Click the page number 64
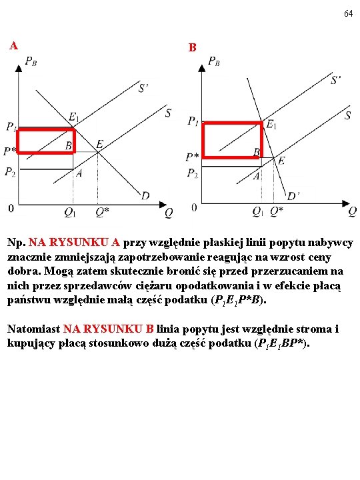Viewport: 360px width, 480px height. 349,13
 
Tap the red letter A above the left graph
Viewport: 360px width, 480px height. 13,45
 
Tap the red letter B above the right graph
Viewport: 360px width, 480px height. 192,48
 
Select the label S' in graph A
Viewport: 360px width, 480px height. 143,88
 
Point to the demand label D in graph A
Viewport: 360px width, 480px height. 145,195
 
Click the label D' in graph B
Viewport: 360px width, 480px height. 293,195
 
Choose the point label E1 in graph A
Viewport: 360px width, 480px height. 73,117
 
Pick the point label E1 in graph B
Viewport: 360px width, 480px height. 271,124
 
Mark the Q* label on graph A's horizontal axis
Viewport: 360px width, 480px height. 102,211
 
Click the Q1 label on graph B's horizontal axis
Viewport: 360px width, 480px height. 257,211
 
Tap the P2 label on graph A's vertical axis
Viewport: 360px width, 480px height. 10,172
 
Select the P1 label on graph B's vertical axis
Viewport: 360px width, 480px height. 193,121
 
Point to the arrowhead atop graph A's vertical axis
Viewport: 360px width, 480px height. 19,68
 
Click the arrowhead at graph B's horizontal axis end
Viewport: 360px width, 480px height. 346,203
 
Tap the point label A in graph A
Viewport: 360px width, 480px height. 79,173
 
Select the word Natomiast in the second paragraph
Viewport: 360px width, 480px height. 34,329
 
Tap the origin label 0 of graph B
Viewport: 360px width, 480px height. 194,207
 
